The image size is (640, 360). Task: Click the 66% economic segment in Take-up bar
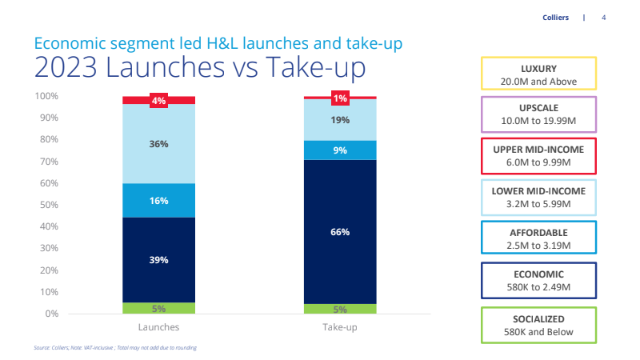point(340,232)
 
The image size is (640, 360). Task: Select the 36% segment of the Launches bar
point(158,144)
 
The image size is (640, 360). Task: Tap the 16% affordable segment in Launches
point(158,200)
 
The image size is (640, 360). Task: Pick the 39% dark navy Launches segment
point(158,260)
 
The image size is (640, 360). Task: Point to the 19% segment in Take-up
point(340,119)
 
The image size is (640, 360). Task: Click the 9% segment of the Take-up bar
point(340,150)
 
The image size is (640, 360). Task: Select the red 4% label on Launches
point(158,101)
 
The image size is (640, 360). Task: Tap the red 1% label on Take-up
point(340,98)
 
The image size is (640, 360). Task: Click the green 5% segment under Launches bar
point(158,308)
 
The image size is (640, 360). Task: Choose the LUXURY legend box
point(538,74)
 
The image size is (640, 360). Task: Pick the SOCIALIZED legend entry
point(538,326)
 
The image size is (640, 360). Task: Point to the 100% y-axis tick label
point(46,96)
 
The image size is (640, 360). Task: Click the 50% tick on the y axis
point(49,205)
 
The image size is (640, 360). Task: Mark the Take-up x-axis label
point(340,327)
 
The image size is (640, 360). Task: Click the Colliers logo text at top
point(554,18)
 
